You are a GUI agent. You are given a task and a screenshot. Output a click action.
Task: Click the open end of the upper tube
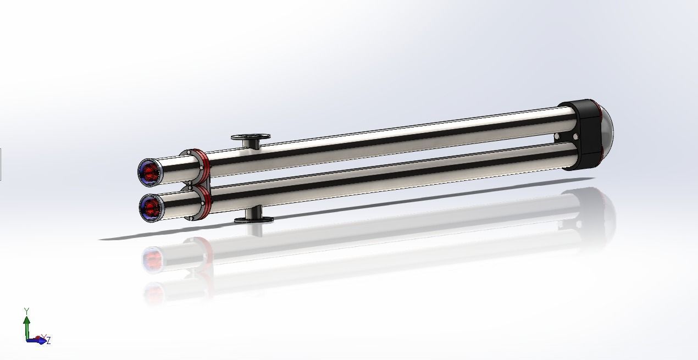[x=149, y=171]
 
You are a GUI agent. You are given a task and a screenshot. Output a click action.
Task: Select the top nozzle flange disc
[x=251, y=136]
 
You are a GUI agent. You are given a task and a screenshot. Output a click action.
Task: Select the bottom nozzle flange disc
[x=254, y=220]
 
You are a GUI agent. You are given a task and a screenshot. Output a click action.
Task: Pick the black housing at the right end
[x=580, y=135]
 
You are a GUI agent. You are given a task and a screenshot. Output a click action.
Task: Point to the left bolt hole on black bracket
[x=557, y=136]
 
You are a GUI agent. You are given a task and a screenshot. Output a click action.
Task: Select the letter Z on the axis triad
[x=48, y=341]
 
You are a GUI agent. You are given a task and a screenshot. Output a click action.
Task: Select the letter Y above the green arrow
[x=26, y=311]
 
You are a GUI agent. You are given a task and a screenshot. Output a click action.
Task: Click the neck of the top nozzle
[x=252, y=144]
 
